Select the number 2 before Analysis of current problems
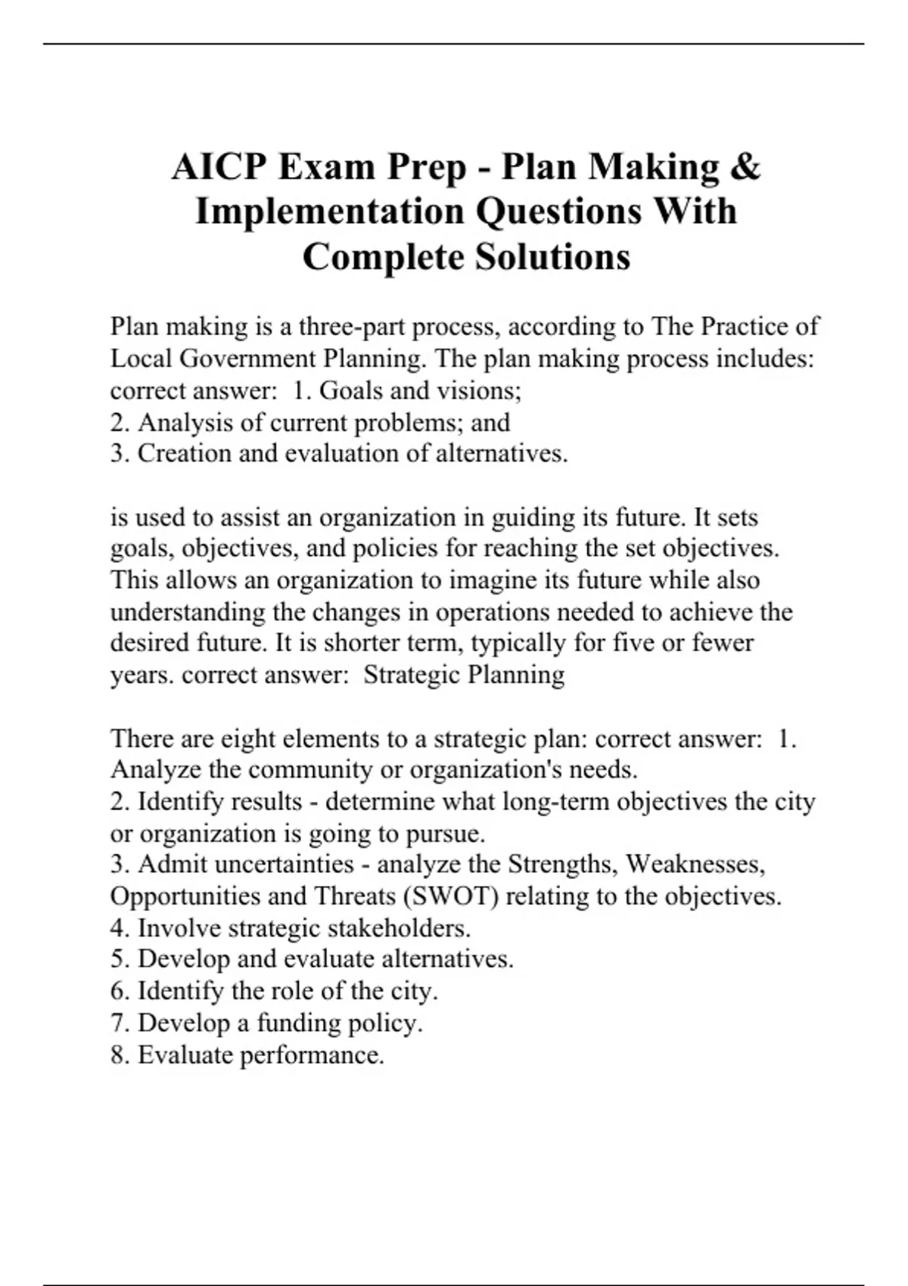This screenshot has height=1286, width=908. pos(117,422)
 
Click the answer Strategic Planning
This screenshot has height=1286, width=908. pos(464,675)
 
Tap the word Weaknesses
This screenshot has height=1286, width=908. pos(696,865)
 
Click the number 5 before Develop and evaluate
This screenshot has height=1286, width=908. pos(117,959)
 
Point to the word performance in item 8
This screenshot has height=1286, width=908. pos(312,1055)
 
